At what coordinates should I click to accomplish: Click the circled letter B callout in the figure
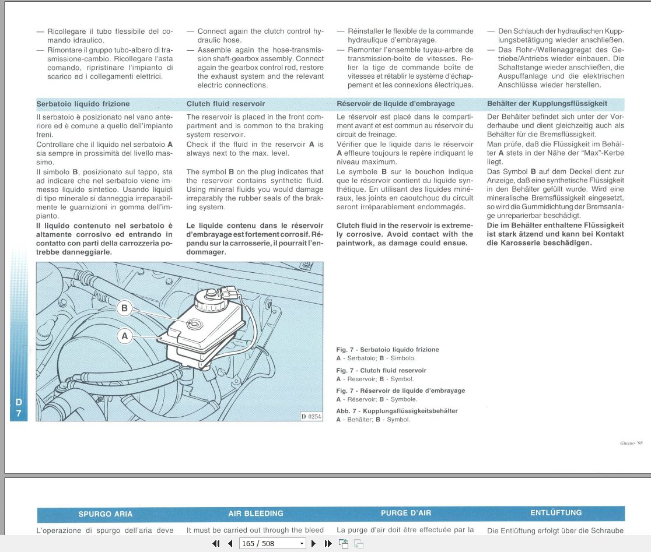coord(124,308)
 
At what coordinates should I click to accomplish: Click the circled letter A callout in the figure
coord(124,336)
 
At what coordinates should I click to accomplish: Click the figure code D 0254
coord(311,416)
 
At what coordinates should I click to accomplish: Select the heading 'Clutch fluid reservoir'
coord(226,104)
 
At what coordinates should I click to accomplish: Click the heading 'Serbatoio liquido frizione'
coord(83,104)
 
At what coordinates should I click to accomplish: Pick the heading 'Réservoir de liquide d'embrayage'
coord(395,104)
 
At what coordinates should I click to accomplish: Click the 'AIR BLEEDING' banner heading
coord(256,514)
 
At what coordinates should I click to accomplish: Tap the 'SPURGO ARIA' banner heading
coord(106,514)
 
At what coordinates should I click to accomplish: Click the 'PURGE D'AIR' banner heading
coord(406,514)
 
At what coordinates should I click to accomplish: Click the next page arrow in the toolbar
coord(314,543)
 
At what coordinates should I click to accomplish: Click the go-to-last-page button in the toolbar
coord(328,543)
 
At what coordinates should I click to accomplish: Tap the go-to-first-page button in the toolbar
coord(216,543)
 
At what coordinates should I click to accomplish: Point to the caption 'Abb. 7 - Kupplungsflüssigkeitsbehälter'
coord(397,411)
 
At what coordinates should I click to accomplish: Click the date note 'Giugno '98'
coord(631,444)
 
